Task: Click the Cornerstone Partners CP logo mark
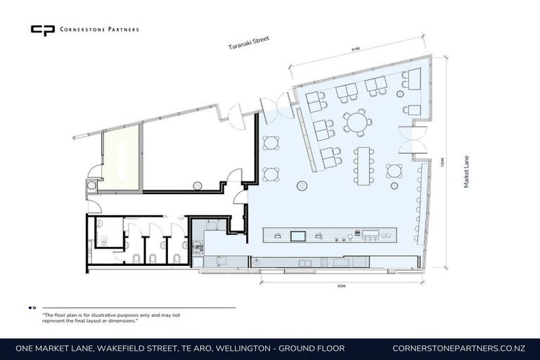click(x=42, y=30)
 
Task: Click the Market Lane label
click(x=465, y=171)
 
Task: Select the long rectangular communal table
click(x=364, y=165)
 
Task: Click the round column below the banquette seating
click(x=302, y=186)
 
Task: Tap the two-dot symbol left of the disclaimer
click(x=32, y=308)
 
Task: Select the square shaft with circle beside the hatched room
click(x=92, y=186)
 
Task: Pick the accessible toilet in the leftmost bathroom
click(x=104, y=239)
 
